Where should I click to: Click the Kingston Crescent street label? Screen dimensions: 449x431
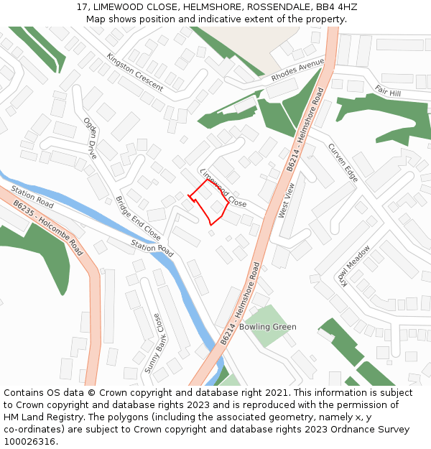[134, 70]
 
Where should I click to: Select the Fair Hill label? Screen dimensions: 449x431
[388, 91]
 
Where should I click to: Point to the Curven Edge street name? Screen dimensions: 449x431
[343, 162]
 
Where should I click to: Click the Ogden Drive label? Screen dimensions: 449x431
[91, 139]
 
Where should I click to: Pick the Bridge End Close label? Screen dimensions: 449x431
[139, 218]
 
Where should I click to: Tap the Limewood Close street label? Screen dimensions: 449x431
[223, 189]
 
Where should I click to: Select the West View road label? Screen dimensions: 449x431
[286, 200]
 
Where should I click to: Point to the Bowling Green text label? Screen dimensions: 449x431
[268, 327]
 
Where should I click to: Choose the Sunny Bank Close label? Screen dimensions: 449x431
[153, 343]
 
